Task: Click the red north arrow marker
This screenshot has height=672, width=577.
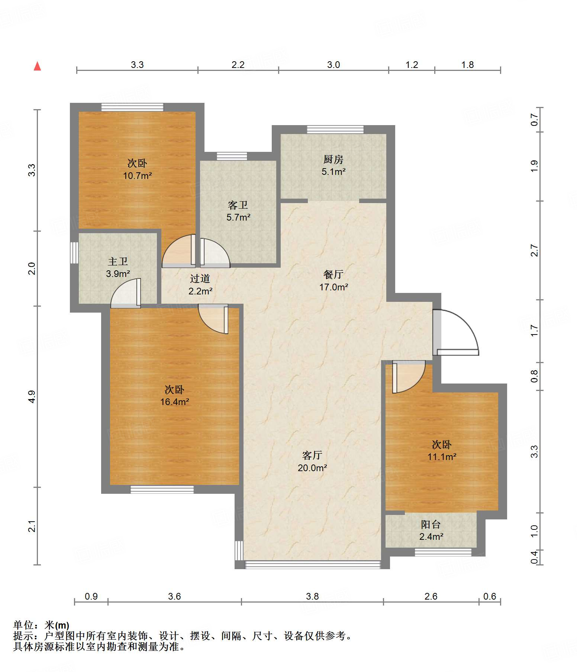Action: tap(37, 66)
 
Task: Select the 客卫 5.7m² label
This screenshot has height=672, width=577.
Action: tap(238, 211)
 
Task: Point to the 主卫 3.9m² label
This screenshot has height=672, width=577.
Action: tap(118, 268)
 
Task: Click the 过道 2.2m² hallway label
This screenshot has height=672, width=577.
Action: tap(200, 285)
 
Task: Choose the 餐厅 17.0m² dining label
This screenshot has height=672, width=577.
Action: tap(333, 281)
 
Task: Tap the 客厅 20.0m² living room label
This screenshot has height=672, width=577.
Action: tap(312, 461)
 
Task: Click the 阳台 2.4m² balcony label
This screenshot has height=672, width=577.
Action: tap(431, 531)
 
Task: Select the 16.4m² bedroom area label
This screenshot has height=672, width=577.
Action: tap(175, 402)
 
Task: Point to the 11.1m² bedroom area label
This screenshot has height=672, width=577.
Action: tap(442, 457)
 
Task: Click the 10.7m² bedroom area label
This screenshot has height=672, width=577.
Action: tap(138, 176)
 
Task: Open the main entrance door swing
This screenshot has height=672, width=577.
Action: tap(456, 332)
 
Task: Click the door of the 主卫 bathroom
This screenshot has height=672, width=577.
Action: tap(126, 293)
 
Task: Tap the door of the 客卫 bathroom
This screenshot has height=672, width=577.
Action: tap(215, 253)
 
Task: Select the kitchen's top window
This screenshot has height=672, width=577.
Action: tap(335, 130)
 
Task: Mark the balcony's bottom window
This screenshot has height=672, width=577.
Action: tap(443, 552)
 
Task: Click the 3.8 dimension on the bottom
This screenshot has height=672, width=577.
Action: tap(312, 596)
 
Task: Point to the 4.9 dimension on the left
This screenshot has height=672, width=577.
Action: tap(32, 397)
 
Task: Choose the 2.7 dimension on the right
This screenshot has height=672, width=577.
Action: tap(534, 250)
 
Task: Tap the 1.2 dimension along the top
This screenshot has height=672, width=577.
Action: tap(412, 65)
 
